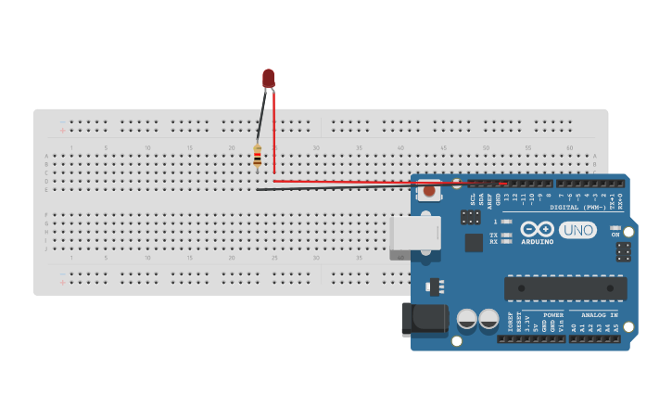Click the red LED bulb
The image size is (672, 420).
[268, 78]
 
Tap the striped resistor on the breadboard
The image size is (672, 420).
[257, 158]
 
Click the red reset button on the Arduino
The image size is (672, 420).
[428, 191]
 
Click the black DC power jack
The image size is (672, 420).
[424, 319]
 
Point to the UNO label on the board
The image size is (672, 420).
[578, 230]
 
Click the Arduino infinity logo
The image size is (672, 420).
[537, 229]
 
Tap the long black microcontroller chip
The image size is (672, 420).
[564, 288]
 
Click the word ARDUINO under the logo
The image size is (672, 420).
[537, 243]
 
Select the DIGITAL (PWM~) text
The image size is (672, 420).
[577, 207]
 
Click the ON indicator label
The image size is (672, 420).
[615, 235]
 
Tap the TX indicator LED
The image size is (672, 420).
[506, 235]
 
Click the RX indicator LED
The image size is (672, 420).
[506, 242]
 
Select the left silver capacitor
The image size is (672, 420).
[466, 319]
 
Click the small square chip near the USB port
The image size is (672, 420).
[474, 242]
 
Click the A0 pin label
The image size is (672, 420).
[574, 327]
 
